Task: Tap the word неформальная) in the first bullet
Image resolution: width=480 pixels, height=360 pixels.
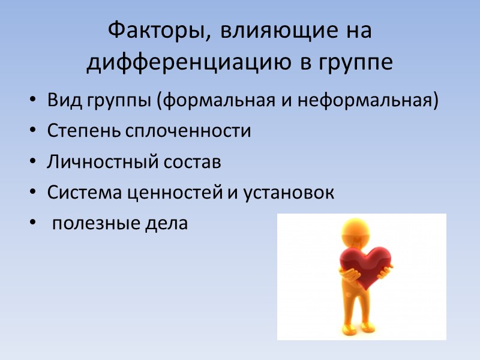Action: pyautogui.click(x=365, y=100)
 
